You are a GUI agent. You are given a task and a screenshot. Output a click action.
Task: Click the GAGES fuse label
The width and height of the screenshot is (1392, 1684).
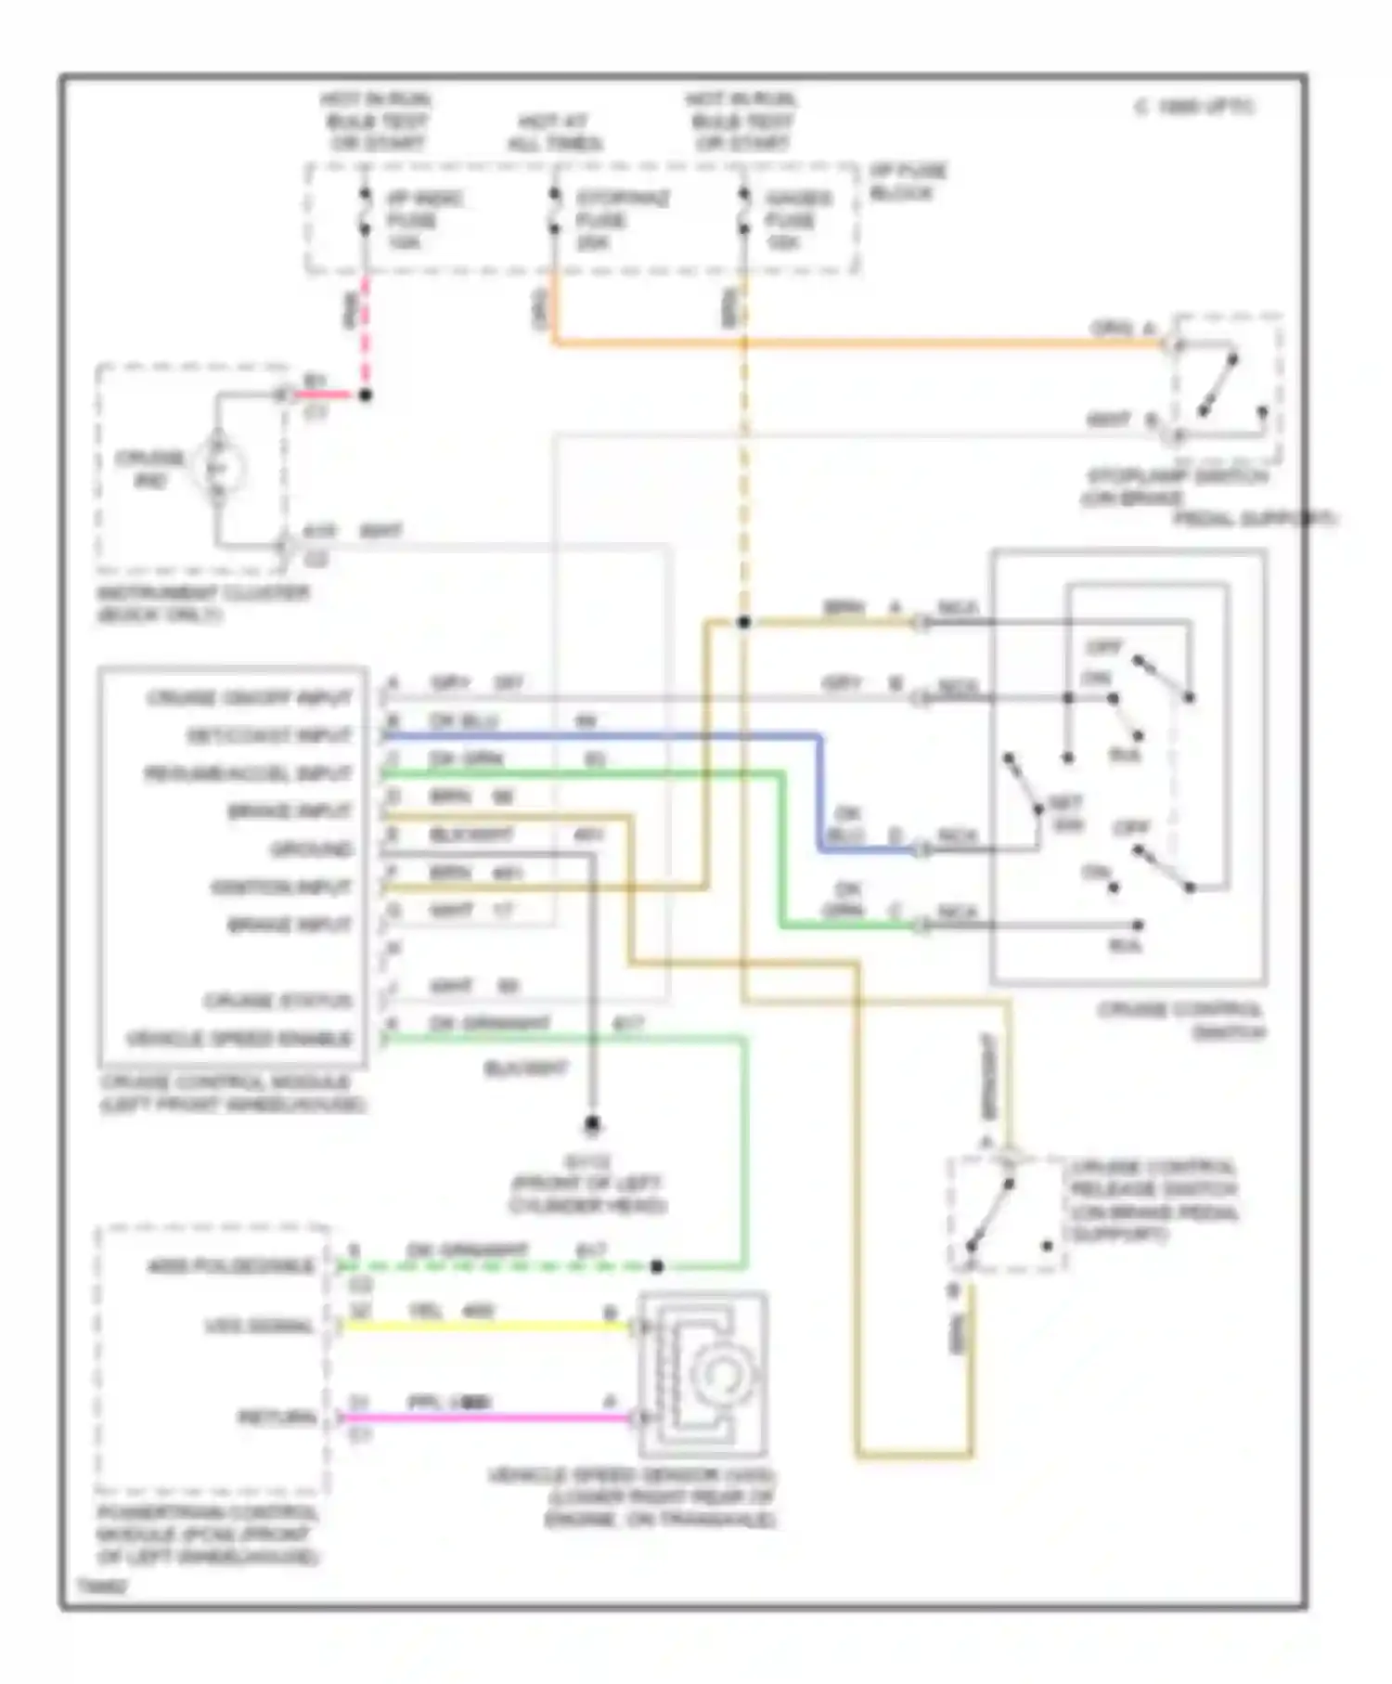tap(798, 220)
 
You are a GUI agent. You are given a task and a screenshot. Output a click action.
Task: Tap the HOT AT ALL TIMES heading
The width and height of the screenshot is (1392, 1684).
tap(554, 133)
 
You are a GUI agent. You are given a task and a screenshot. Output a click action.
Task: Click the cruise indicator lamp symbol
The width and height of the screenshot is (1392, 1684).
tap(219, 469)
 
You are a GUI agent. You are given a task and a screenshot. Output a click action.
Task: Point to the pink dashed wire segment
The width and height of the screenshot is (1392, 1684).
tap(365, 334)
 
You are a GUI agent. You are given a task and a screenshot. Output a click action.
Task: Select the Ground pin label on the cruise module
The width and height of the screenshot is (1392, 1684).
tap(311, 849)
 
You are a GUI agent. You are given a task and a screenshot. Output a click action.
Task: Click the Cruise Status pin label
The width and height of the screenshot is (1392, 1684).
tap(277, 1001)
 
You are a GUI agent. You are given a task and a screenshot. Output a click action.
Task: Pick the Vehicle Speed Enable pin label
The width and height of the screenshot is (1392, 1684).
tap(240, 1039)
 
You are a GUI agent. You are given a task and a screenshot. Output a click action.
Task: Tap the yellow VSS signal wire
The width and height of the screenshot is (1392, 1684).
tap(483, 1327)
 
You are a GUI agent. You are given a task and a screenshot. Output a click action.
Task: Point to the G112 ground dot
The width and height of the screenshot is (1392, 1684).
tap(592, 1125)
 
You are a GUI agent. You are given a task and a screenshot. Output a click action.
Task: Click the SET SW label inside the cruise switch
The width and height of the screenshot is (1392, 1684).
tap(1065, 813)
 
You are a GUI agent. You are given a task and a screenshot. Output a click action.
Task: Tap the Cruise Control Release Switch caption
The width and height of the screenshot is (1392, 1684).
tap(1154, 1200)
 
